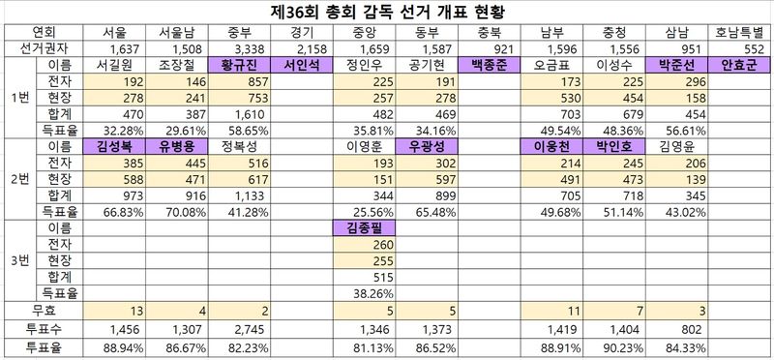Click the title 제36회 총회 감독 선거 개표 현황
(x=387, y=12)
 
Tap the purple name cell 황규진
(x=240, y=66)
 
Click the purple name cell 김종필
(x=365, y=227)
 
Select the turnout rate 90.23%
(x=623, y=347)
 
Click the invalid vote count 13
(x=136, y=311)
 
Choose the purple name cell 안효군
(x=738, y=66)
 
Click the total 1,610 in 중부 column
(x=253, y=114)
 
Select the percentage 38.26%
(x=373, y=294)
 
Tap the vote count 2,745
(x=253, y=329)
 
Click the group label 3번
(x=20, y=260)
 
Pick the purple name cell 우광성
(x=427, y=147)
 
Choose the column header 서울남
(x=177, y=33)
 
